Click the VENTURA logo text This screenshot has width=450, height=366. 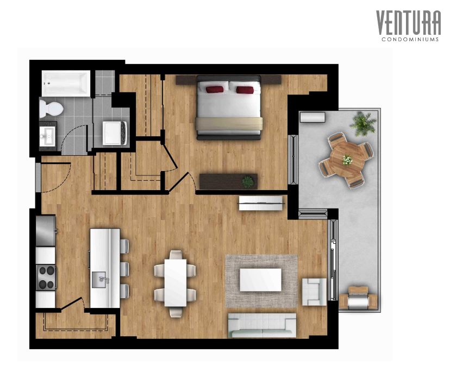408,23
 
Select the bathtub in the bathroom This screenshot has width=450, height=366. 66,84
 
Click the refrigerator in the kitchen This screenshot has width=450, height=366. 46,230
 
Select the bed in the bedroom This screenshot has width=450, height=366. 229,108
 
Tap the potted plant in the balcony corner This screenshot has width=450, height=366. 362,123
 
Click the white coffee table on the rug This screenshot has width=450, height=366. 260,280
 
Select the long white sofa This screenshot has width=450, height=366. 262,325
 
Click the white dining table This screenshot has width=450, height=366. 175,283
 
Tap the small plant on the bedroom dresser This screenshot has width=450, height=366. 248,181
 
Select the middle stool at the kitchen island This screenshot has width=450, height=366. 124,268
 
